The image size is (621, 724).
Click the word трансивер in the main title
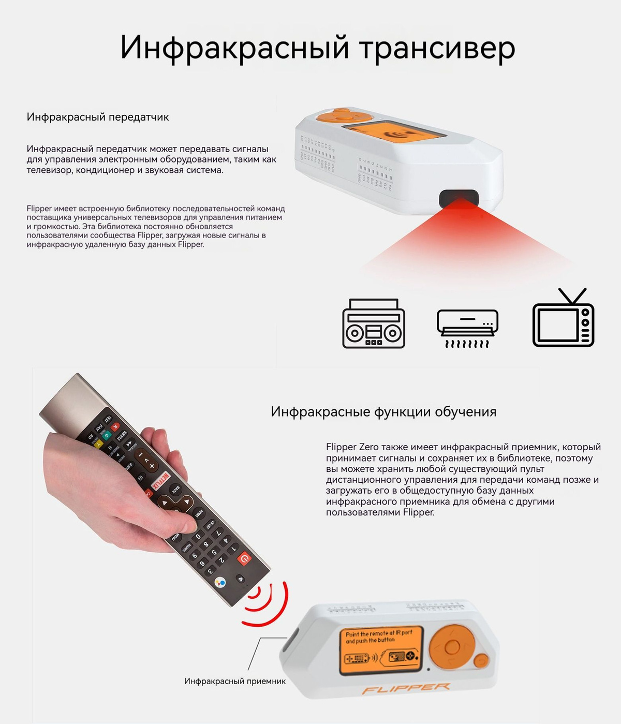[x=437, y=48]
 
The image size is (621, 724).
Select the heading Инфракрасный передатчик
[x=98, y=117]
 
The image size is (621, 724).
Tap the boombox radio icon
[x=374, y=323]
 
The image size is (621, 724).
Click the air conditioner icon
[x=467, y=323]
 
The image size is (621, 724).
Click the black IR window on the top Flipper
[x=459, y=198]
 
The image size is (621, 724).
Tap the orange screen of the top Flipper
[x=396, y=132]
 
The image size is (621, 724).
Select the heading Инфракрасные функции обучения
[x=383, y=412]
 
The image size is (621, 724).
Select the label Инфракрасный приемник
[x=234, y=681]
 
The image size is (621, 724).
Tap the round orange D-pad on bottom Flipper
[x=452, y=647]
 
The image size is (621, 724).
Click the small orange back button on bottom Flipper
[x=481, y=660]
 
